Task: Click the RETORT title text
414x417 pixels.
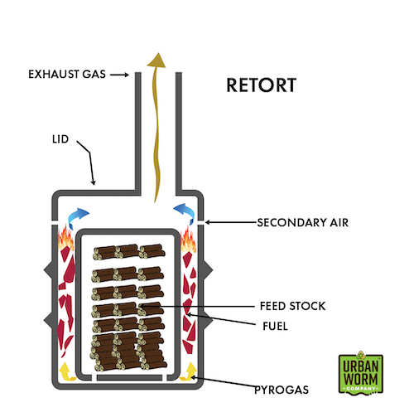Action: tap(261, 85)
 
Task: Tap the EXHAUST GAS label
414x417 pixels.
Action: tap(67, 75)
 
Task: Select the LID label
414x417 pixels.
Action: tap(60, 139)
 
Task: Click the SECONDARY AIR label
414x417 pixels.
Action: tap(302, 222)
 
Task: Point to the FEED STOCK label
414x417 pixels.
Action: tap(292, 306)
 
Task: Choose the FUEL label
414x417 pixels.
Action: tap(275, 326)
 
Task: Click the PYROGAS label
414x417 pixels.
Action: tap(282, 390)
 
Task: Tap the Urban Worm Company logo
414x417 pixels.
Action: tap(361, 373)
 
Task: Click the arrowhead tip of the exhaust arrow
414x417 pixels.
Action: tap(158, 53)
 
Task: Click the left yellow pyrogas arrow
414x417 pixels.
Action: tap(67, 371)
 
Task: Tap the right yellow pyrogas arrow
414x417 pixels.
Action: tap(190, 371)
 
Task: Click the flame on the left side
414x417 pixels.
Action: tap(65, 239)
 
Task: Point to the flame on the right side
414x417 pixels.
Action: tap(188, 240)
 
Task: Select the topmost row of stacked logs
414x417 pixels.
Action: tap(129, 252)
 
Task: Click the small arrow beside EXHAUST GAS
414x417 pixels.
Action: tap(119, 75)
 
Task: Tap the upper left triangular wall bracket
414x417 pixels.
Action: tap(48, 269)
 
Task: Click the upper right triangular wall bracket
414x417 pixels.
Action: tap(209, 269)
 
